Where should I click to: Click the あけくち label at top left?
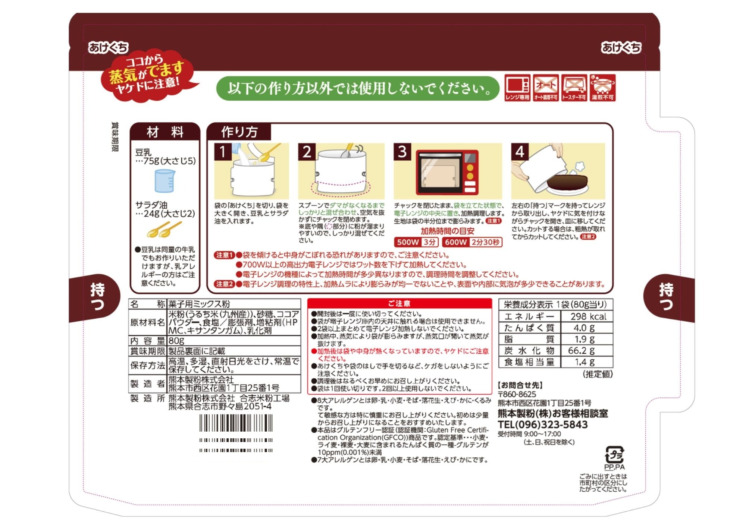(x=108, y=48)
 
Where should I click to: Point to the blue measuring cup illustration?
(x=164, y=181)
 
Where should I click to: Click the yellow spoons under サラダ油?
(x=164, y=229)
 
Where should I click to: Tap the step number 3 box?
(x=402, y=152)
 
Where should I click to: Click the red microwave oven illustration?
(x=447, y=173)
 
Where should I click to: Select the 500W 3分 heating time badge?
(x=416, y=242)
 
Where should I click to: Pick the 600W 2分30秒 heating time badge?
(x=472, y=242)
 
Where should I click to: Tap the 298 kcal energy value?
(x=588, y=316)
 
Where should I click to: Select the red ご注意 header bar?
(x=399, y=303)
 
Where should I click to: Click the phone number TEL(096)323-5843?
(x=543, y=425)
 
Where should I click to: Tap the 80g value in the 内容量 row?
(x=176, y=341)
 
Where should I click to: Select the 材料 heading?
(x=165, y=132)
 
